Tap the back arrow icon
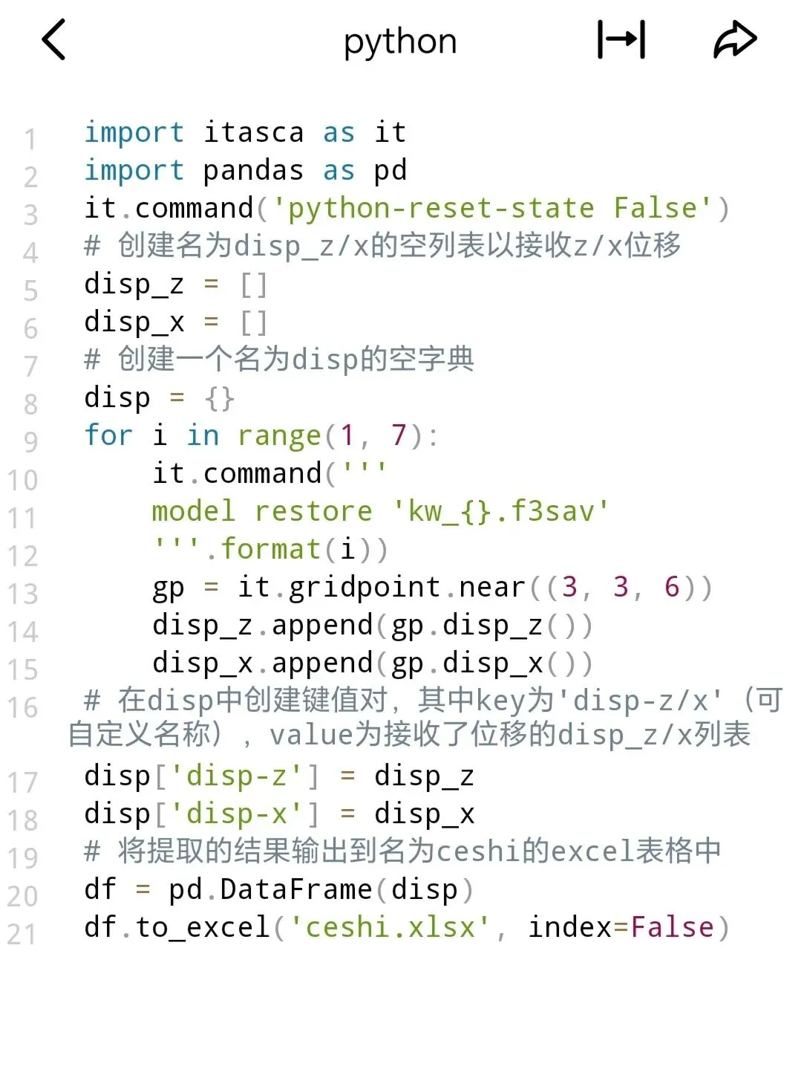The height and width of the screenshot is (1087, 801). point(53,39)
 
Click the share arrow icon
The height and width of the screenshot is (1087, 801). point(734,39)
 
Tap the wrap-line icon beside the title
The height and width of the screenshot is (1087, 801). point(621,39)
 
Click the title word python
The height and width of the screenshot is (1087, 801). point(400,42)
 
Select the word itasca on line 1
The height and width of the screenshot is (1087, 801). point(253,132)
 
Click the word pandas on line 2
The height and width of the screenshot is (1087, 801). point(253,171)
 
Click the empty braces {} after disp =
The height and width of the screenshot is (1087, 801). point(220,398)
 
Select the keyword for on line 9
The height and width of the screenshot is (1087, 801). point(108,435)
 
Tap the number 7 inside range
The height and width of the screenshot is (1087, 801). point(399,435)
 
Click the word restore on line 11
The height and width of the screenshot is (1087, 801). point(313,511)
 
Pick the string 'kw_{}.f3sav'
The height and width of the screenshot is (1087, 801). point(501,511)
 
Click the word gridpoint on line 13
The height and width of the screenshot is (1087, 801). point(364,587)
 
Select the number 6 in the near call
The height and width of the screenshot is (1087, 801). point(672,587)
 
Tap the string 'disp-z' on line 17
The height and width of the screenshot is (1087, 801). point(236,776)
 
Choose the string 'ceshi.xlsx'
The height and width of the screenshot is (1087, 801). point(390,927)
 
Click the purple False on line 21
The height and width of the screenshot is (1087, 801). point(672,927)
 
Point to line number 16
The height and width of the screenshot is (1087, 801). point(22,707)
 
